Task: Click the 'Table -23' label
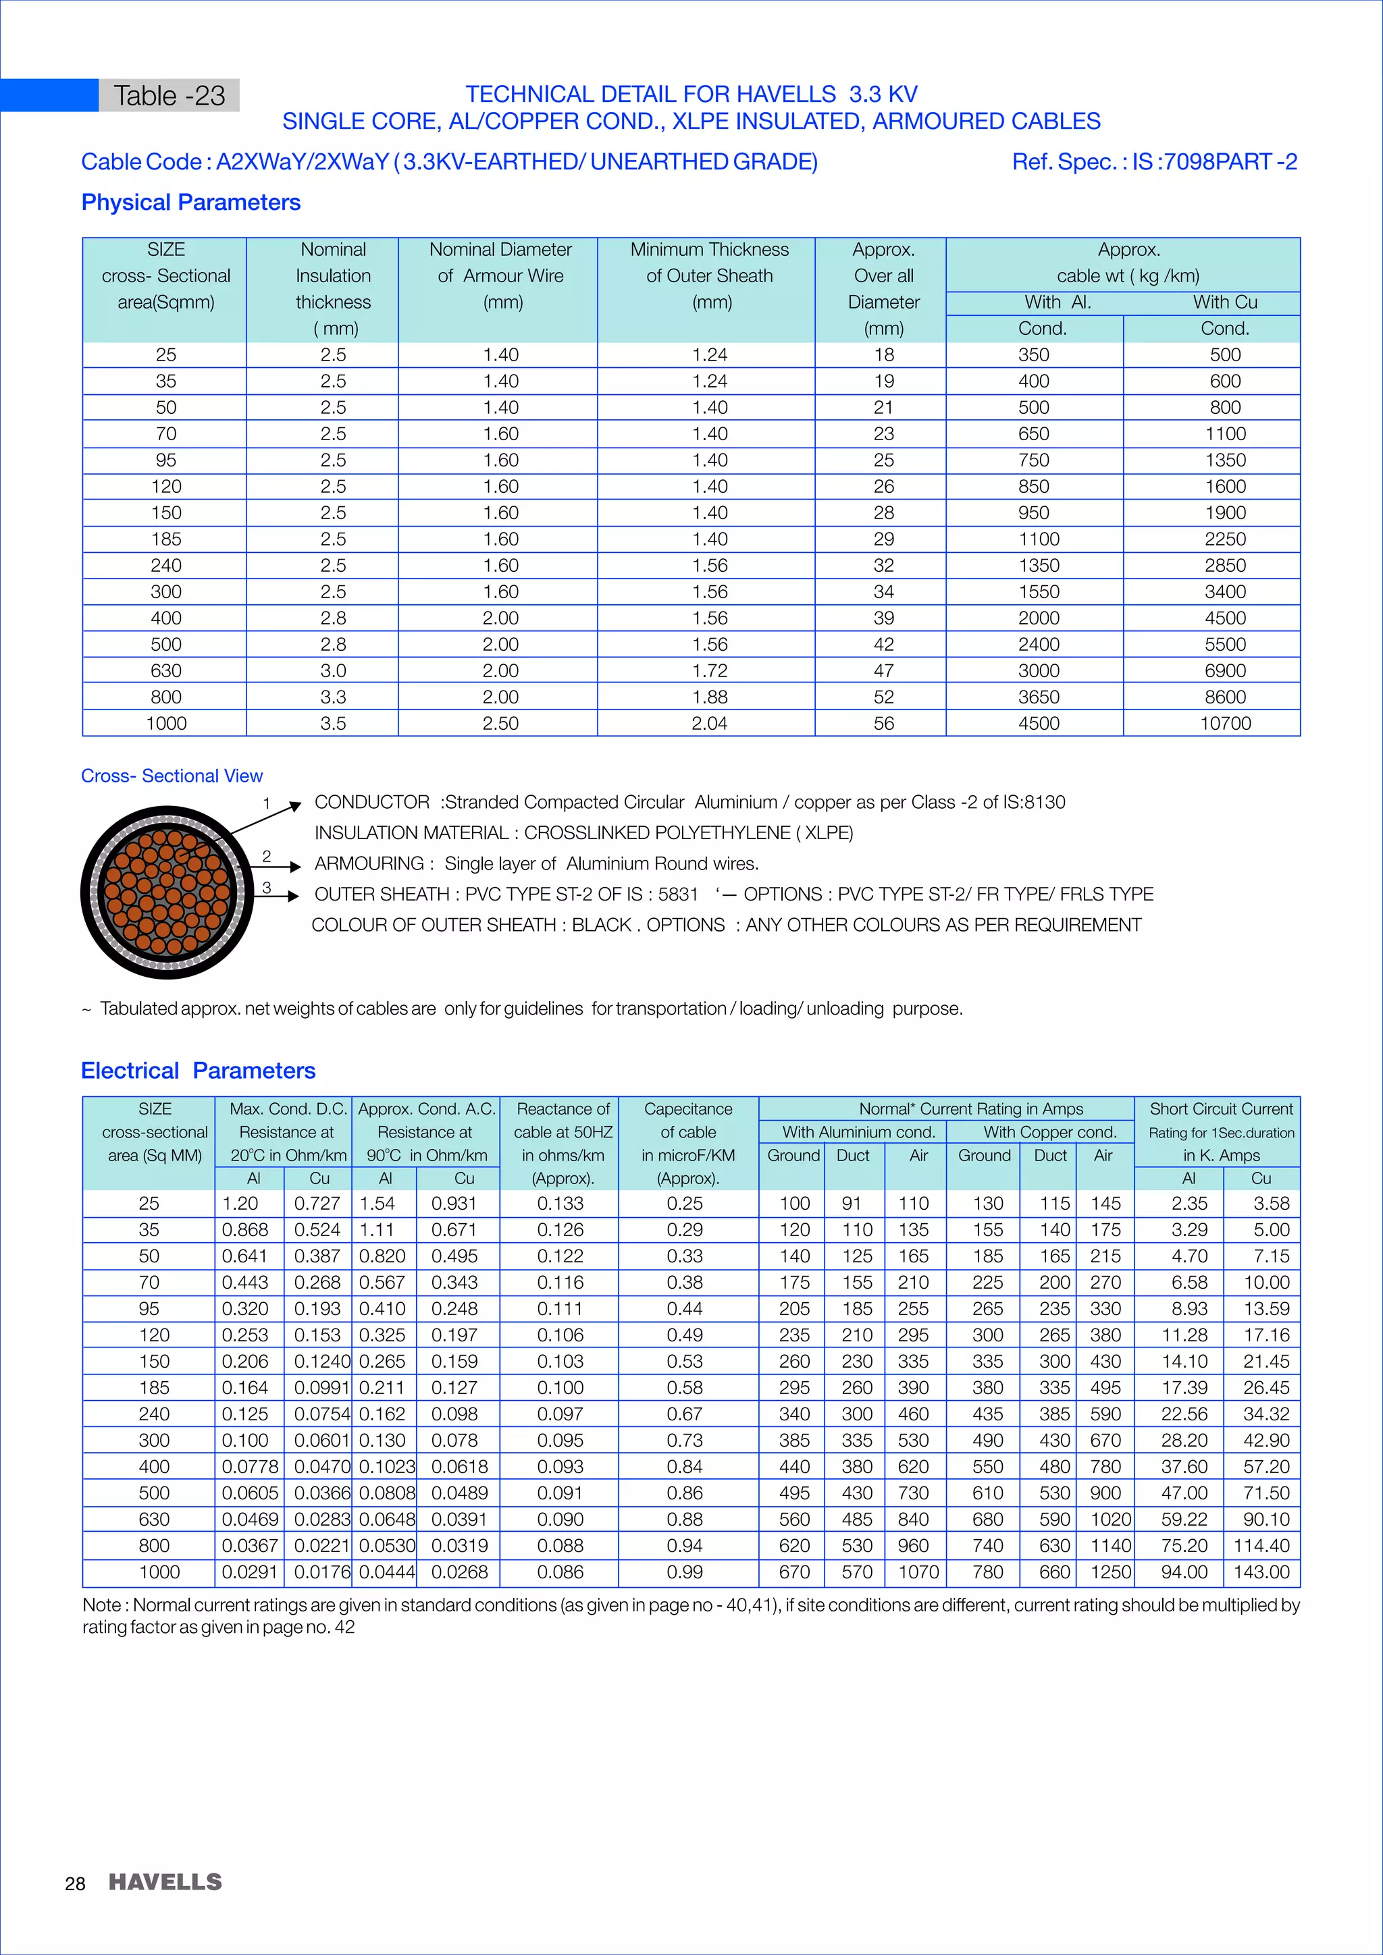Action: pyautogui.click(x=169, y=95)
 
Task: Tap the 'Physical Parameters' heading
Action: pyautogui.click(x=190, y=203)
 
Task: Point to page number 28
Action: pyautogui.click(x=75, y=1883)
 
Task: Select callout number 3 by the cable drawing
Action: pyautogui.click(x=267, y=887)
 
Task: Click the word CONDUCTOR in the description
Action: pyautogui.click(x=371, y=802)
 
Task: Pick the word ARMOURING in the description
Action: pyautogui.click(x=369, y=863)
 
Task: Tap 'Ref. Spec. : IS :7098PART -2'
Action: pyautogui.click(x=1154, y=162)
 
